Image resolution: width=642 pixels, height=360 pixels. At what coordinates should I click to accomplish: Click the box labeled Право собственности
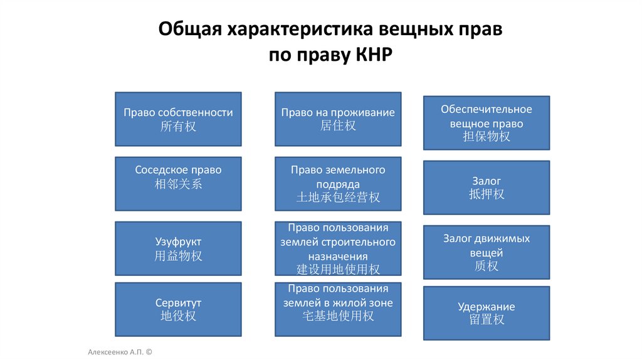click(x=178, y=119)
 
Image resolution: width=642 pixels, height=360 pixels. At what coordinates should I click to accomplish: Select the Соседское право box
click(x=178, y=183)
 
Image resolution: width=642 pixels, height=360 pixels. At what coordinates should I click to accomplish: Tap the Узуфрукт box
click(x=178, y=248)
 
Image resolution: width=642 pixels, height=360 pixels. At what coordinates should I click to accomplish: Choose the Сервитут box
click(x=178, y=309)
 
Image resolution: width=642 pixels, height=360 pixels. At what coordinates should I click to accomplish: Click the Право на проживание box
click(x=338, y=119)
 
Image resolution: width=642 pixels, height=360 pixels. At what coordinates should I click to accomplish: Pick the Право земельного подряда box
click(x=338, y=183)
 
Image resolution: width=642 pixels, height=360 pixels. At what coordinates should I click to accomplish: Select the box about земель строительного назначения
click(x=338, y=248)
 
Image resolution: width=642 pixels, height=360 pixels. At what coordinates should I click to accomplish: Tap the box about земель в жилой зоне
click(x=338, y=309)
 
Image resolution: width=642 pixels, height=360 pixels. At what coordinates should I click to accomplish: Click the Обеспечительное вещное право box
click(x=487, y=123)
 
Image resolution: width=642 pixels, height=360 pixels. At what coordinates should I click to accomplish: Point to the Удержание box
click(x=487, y=313)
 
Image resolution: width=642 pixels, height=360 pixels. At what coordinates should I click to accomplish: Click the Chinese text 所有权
click(x=178, y=126)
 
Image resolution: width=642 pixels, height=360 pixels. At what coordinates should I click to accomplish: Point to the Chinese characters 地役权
click(x=178, y=315)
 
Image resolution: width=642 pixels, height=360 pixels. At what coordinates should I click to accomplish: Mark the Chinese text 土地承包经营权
click(x=338, y=198)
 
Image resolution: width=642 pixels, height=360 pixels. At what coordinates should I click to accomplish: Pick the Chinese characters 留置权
click(x=487, y=320)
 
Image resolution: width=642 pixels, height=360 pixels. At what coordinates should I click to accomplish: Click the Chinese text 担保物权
click(x=487, y=137)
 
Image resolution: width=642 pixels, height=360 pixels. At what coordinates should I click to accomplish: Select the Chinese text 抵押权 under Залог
click(x=487, y=194)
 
